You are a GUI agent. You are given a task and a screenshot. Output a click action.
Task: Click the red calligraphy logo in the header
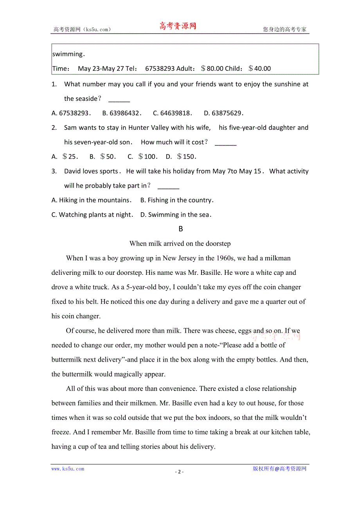point(177,27)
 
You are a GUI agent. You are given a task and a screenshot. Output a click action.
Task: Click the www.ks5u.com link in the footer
point(68,469)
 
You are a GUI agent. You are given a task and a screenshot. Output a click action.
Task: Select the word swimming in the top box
point(68,54)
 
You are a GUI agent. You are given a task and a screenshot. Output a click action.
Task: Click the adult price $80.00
point(212,68)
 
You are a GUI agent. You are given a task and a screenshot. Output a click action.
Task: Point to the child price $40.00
point(259,68)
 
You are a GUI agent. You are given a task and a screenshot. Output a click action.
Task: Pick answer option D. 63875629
point(224,113)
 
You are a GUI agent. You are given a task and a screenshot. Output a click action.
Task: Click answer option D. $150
point(181,157)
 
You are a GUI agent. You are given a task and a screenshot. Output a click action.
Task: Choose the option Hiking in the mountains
point(92,200)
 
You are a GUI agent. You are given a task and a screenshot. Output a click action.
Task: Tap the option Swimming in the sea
point(176,215)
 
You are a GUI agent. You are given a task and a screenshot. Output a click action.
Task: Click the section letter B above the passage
point(180,229)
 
